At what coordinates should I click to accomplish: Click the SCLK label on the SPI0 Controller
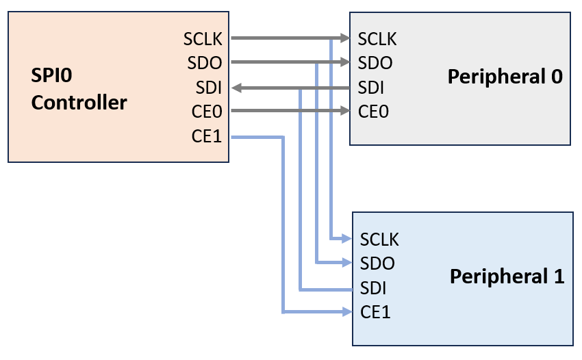click(203, 38)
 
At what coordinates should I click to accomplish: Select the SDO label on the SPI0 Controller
click(205, 63)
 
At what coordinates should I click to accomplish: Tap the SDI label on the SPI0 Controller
click(208, 88)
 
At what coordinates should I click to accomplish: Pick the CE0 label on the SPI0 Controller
click(207, 112)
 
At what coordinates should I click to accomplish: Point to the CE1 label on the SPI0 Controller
click(207, 137)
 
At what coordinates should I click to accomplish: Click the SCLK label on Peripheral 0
click(377, 38)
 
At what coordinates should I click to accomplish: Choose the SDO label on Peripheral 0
click(375, 63)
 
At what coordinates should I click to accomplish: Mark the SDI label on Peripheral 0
click(370, 88)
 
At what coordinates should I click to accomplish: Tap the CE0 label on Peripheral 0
click(373, 112)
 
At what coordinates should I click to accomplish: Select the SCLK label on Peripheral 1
click(379, 239)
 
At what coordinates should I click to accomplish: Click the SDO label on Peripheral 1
click(377, 263)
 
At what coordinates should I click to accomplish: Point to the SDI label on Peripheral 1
click(373, 288)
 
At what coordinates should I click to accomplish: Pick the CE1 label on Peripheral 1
click(375, 313)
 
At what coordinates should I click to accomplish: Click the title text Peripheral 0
click(505, 77)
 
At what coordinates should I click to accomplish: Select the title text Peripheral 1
click(507, 277)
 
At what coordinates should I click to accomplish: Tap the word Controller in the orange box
click(79, 103)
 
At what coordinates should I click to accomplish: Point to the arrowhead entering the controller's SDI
click(236, 88)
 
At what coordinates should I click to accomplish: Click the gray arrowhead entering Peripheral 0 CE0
click(344, 111)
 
